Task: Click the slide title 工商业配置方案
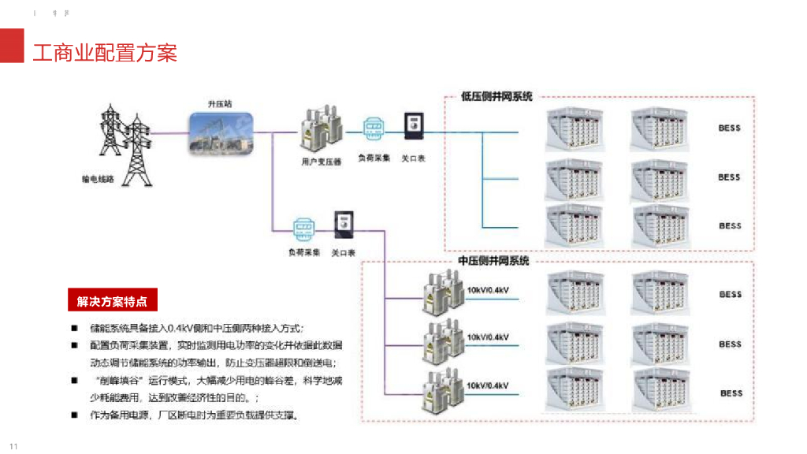[104, 53]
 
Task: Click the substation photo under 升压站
[221, 133]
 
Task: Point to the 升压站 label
[220, 103]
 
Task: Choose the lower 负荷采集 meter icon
[304, 229]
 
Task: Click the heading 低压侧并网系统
[496, 97]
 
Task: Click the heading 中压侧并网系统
[493, 261]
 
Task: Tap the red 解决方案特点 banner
[111, 301]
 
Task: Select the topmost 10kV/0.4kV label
[488, 290]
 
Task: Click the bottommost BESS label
[731, 393]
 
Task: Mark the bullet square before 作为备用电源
[74, 415]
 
